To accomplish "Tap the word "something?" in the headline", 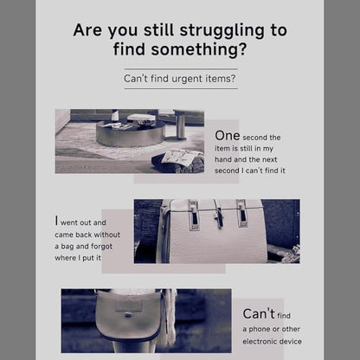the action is [x=199, y=49].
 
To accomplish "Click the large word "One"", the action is [x=228, y=136].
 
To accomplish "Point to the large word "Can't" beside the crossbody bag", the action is [x=259, y=313].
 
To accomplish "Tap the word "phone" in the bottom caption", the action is [x=260, y=330].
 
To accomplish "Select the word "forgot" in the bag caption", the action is [x=101, y=247].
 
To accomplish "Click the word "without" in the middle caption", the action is [x=107, y=235].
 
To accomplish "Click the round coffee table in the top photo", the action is [x=131, y=133].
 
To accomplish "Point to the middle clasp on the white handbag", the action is [x=218, y=214].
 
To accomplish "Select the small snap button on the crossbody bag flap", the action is [x=129, y=315].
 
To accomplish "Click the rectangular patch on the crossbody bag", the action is [x=129, y=305].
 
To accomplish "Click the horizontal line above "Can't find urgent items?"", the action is [x=181, y=69].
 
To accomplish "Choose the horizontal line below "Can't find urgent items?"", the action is [x=181, y=88].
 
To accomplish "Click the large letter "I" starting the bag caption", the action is [x=56, y=221].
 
